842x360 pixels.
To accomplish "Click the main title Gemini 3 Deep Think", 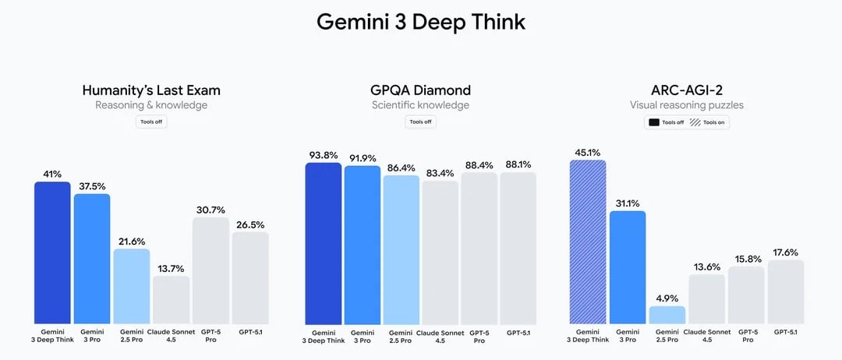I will (x=421, y=22).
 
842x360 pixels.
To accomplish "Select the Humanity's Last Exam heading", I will (x=151, y=90).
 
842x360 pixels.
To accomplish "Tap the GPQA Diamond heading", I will (x=420, y=90).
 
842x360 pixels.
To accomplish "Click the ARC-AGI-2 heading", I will (x=687, y=90).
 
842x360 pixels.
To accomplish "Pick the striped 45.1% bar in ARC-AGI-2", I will (x=589, y=242).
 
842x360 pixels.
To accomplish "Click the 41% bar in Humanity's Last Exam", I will (x=52, y=252).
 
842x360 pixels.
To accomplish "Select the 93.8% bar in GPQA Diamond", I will (x=323, y=243).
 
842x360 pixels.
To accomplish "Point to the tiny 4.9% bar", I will (x=667, y=315).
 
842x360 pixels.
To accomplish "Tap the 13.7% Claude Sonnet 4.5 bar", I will (x=171, y=299).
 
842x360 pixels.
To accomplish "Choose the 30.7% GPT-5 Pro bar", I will (x=210, y=270).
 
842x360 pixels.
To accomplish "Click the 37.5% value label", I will (x=92, y=186).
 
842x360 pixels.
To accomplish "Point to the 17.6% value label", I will (x=785, y=252).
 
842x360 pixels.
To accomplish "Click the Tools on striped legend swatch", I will (x=694, y=122).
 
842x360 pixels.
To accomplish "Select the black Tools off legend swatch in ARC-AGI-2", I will (x=653, y=122).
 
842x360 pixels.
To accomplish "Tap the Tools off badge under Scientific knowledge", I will (x=420, y=122).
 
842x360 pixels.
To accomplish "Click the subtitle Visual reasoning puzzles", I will (x=687, y=105).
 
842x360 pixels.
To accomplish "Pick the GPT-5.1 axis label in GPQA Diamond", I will (x=518, y=333).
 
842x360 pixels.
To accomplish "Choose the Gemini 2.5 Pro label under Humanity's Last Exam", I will (x=132, y=337).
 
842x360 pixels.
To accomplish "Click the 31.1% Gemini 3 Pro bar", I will (x=628, y=267).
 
